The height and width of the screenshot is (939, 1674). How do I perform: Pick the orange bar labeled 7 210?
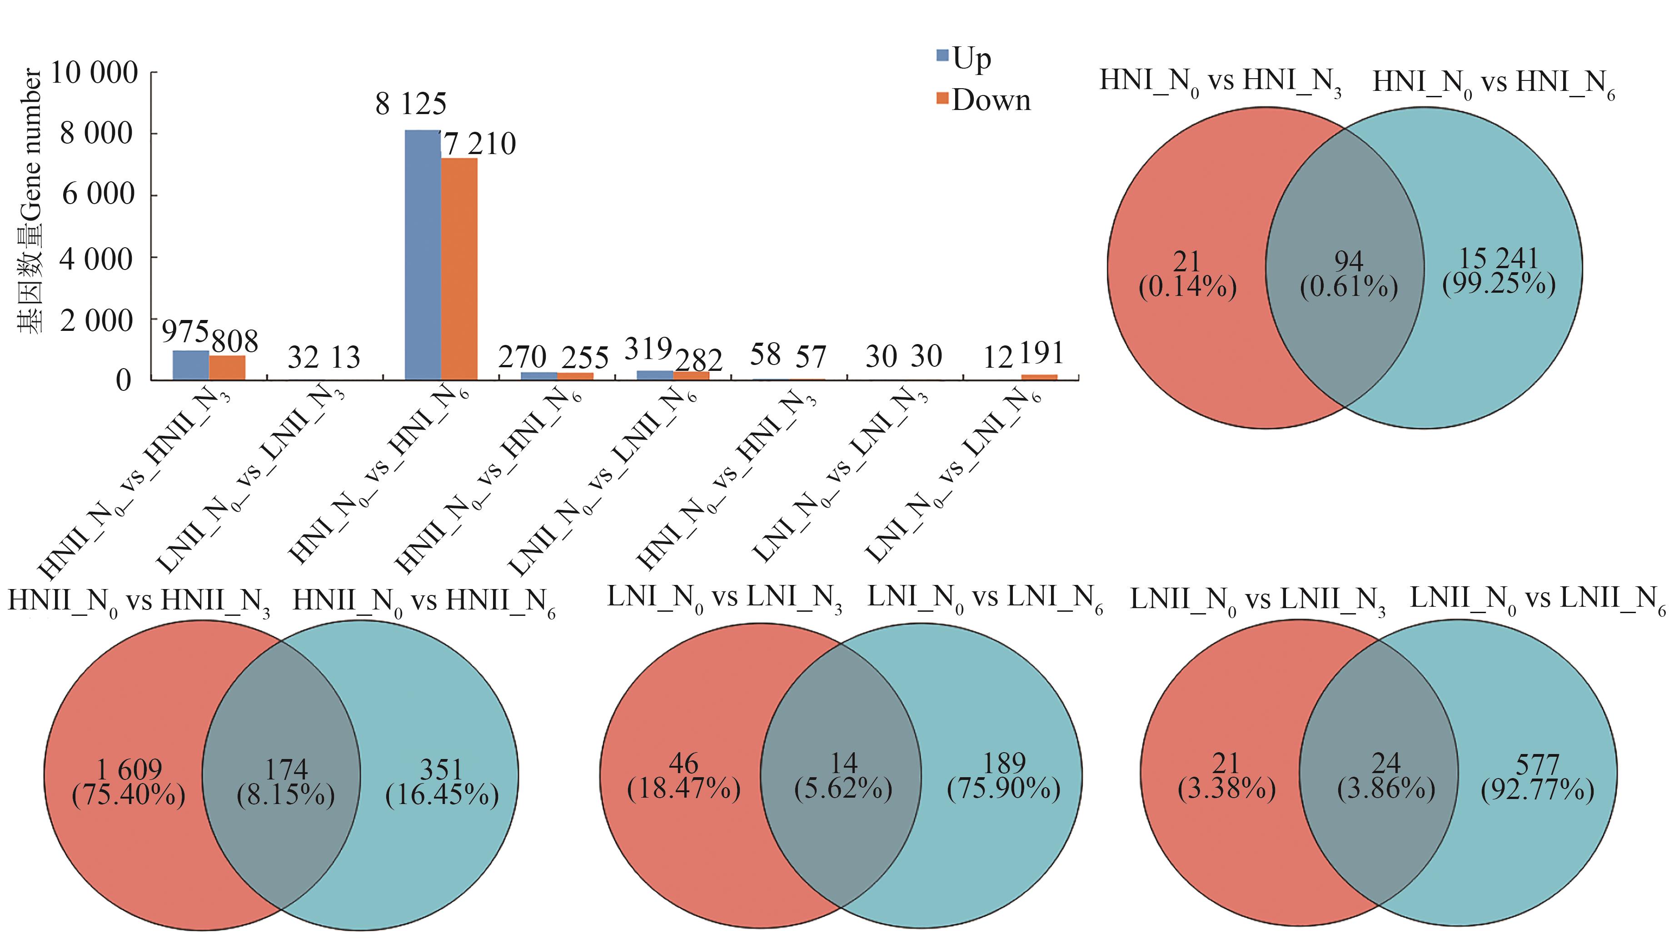(x=459, y=269)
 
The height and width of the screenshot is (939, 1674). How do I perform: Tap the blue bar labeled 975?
(x=190, y=365)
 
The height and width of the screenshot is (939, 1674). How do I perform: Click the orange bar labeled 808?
(x=227, y=368)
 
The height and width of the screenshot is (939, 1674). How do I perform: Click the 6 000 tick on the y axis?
(x=98, y=194)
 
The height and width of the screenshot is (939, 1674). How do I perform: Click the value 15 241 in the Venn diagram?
(x=1499, y=259)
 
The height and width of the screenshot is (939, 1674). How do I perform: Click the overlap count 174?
(x=286, y=770)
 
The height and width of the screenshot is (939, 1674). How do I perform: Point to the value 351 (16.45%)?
(x=442, y=782)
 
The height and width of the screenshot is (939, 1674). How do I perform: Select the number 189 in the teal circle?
(x=1005, y=764)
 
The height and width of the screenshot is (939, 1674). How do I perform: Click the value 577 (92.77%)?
(x=1538, y=777)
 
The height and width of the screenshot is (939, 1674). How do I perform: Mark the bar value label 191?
(x=1041, y=354)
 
